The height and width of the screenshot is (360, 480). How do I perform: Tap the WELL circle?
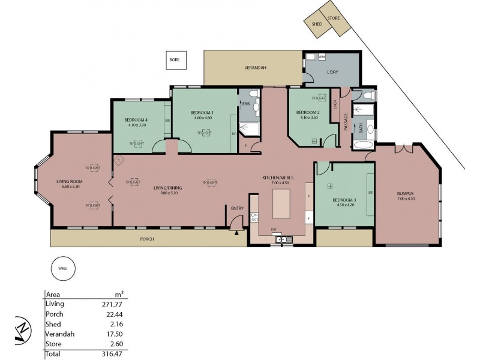[62, 268]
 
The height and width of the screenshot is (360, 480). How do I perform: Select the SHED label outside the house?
[317, 24]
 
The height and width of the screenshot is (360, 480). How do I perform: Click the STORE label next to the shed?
[334, 18]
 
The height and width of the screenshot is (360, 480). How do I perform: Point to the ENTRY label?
[237, 208]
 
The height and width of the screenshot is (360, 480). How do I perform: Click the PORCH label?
[147, 239]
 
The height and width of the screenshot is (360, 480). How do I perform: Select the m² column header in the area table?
[119, 294]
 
